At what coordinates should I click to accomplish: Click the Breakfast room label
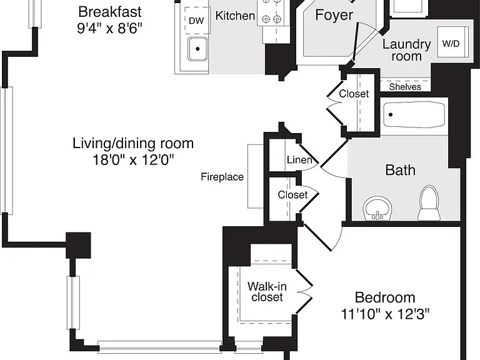tap(109, 12)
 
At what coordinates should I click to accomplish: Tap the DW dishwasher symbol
tap(197, 20)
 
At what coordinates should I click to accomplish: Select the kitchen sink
tap(197, 49)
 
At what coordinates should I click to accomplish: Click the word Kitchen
tap(235, 15)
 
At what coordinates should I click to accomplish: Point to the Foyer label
tap(334, 15)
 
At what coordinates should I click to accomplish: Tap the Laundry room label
tap(406, 50)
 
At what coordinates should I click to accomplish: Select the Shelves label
tap(405, 87)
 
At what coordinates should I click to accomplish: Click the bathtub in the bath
tap(414, 115)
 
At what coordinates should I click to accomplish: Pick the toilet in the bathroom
tap(429, 203)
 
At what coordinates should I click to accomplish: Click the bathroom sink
tap(377, 208)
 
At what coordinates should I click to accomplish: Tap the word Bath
tap(400, 170)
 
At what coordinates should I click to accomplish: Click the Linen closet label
tap(299, 160)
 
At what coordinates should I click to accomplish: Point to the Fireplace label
tap(222, 177)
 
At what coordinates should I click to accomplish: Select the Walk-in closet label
tap(267, 292)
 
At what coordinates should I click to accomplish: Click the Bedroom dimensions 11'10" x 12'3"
tap(385, 314)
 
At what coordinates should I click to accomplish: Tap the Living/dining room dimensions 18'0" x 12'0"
tap(133, 159)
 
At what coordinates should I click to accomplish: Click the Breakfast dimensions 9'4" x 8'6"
tap(109, 29)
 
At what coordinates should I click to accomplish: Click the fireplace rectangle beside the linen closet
tap(255, 176)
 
